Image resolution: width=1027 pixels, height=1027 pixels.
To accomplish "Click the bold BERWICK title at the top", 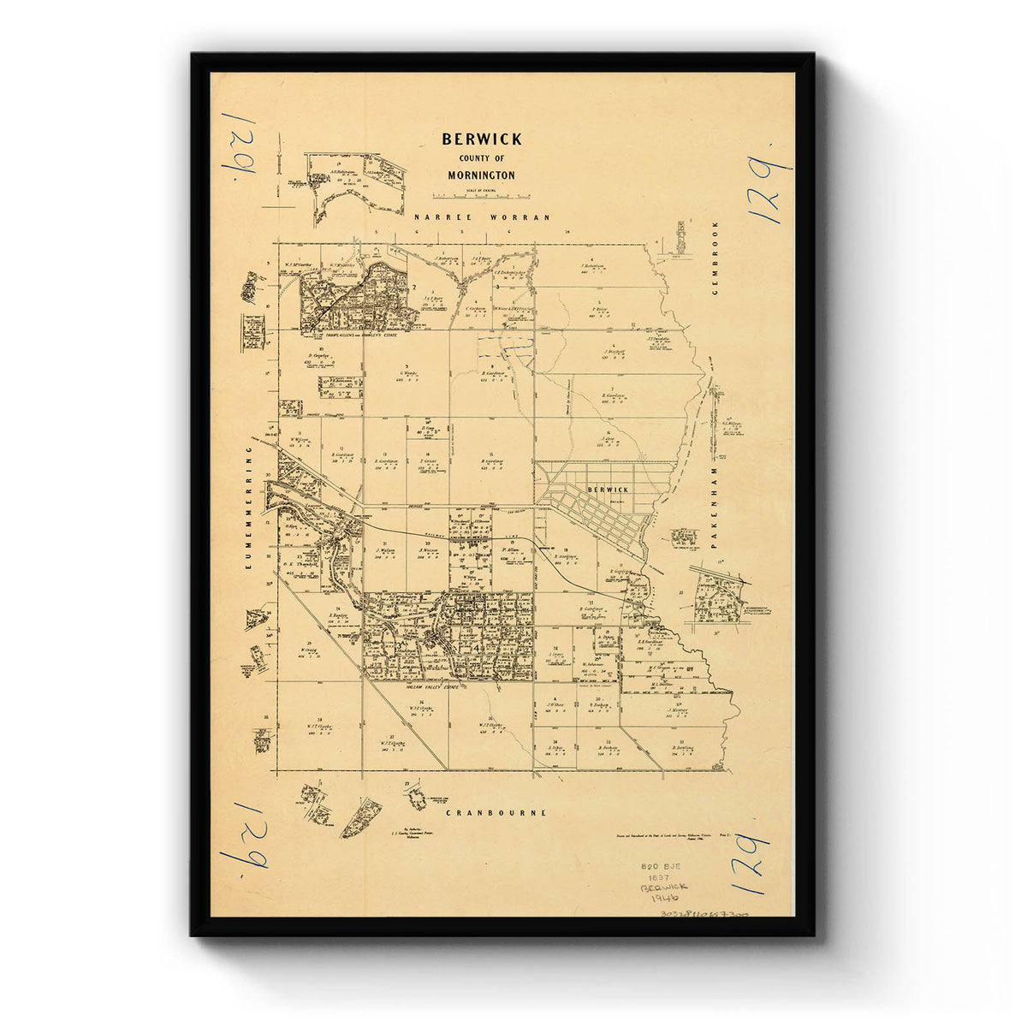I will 482,139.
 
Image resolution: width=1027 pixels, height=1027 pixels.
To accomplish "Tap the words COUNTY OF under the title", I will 482,159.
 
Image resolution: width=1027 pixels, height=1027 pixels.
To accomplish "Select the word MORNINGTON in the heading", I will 481,175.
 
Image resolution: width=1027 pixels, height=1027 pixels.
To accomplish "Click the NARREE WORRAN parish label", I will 482,218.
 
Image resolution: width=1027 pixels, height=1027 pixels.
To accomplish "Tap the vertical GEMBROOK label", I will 715,258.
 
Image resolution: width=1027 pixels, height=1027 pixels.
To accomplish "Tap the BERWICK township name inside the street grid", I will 608,490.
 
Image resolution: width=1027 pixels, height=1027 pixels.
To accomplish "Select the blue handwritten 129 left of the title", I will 240,143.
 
